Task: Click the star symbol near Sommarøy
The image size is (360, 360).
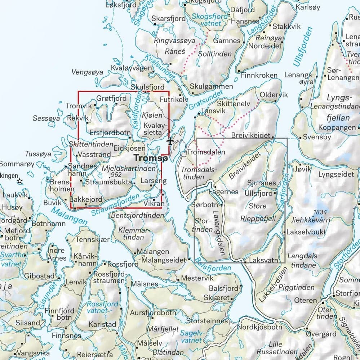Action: [x=20, y=181]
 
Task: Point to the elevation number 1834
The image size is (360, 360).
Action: [x=320, y=212]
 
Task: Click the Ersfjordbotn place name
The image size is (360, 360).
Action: [x=110, y=132]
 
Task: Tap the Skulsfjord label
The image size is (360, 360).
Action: [x=148, y=87]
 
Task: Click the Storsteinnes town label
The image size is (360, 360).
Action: [x=207, y=320]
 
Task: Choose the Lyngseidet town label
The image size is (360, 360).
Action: [x=336, y=175]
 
